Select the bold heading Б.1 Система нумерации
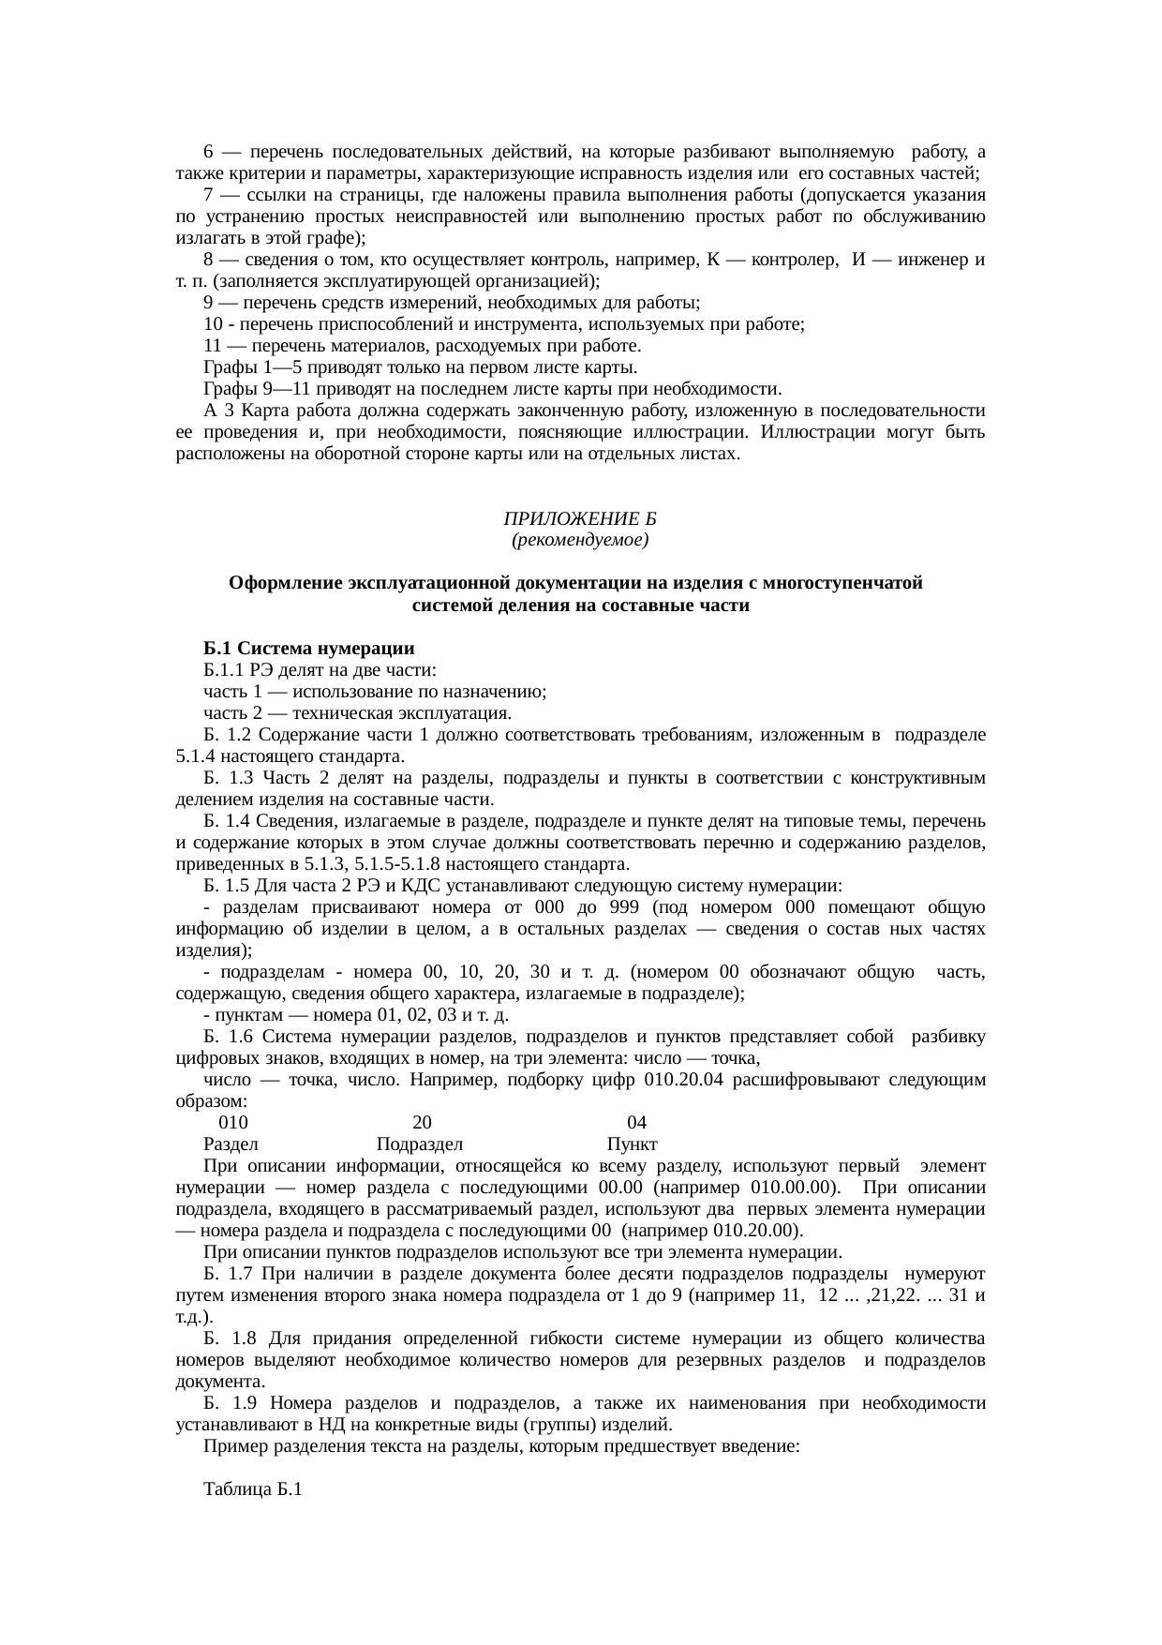point(309,649)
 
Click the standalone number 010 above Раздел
point(233,1122)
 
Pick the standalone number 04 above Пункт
point(636,1122)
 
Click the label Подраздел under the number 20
point(420,1144)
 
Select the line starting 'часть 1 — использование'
point(375,692)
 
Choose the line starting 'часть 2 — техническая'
point(357,713)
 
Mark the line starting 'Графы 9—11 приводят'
point(492,389)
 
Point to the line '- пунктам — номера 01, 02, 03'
point(356,1015)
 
